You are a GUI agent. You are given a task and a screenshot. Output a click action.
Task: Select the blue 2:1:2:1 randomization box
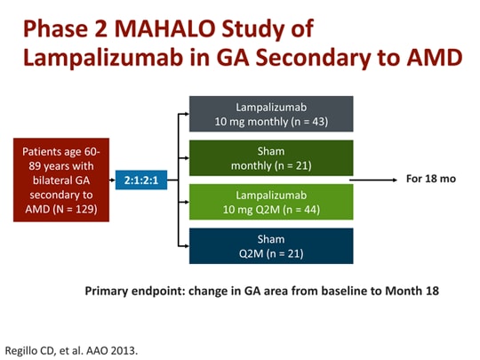click(x=140, y=180)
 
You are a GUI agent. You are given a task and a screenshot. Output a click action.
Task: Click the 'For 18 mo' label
click(x=431, y=180)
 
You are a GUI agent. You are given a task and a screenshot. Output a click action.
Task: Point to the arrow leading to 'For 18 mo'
click(x=373, y=180)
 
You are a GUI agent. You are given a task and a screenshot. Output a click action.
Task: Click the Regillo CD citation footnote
click(x=72, y=345)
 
